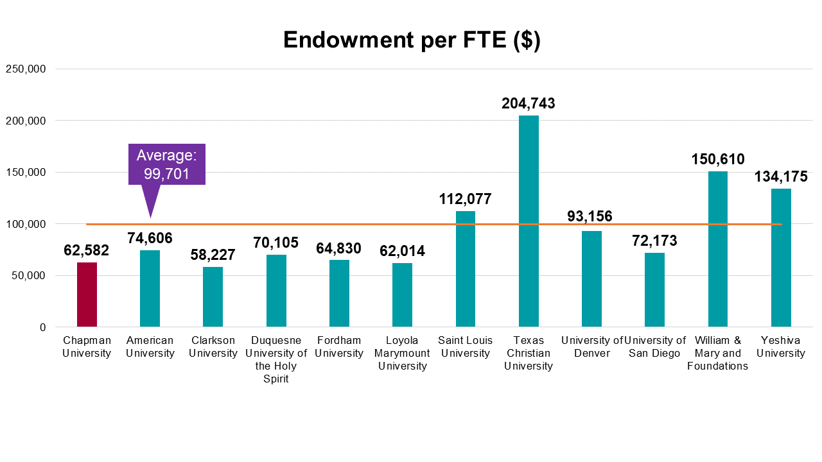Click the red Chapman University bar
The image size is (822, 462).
87,295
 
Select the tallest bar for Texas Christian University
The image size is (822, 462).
529,221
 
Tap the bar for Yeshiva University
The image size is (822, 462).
781,258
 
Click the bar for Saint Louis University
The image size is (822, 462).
466,269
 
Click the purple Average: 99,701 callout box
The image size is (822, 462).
167,164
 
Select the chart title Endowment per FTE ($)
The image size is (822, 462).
412,40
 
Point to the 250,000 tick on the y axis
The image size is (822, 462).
26,69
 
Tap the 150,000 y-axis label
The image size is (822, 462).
26,172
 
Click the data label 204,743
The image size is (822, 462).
529,103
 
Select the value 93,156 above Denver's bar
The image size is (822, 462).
590,216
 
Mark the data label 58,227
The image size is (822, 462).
213,255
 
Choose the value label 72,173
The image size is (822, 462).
654,241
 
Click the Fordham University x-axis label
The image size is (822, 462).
339,346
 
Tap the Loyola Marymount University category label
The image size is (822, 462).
402,353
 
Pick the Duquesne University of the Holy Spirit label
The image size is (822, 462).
276,359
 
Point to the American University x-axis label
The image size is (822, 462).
150,346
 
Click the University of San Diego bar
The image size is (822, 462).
654,289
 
